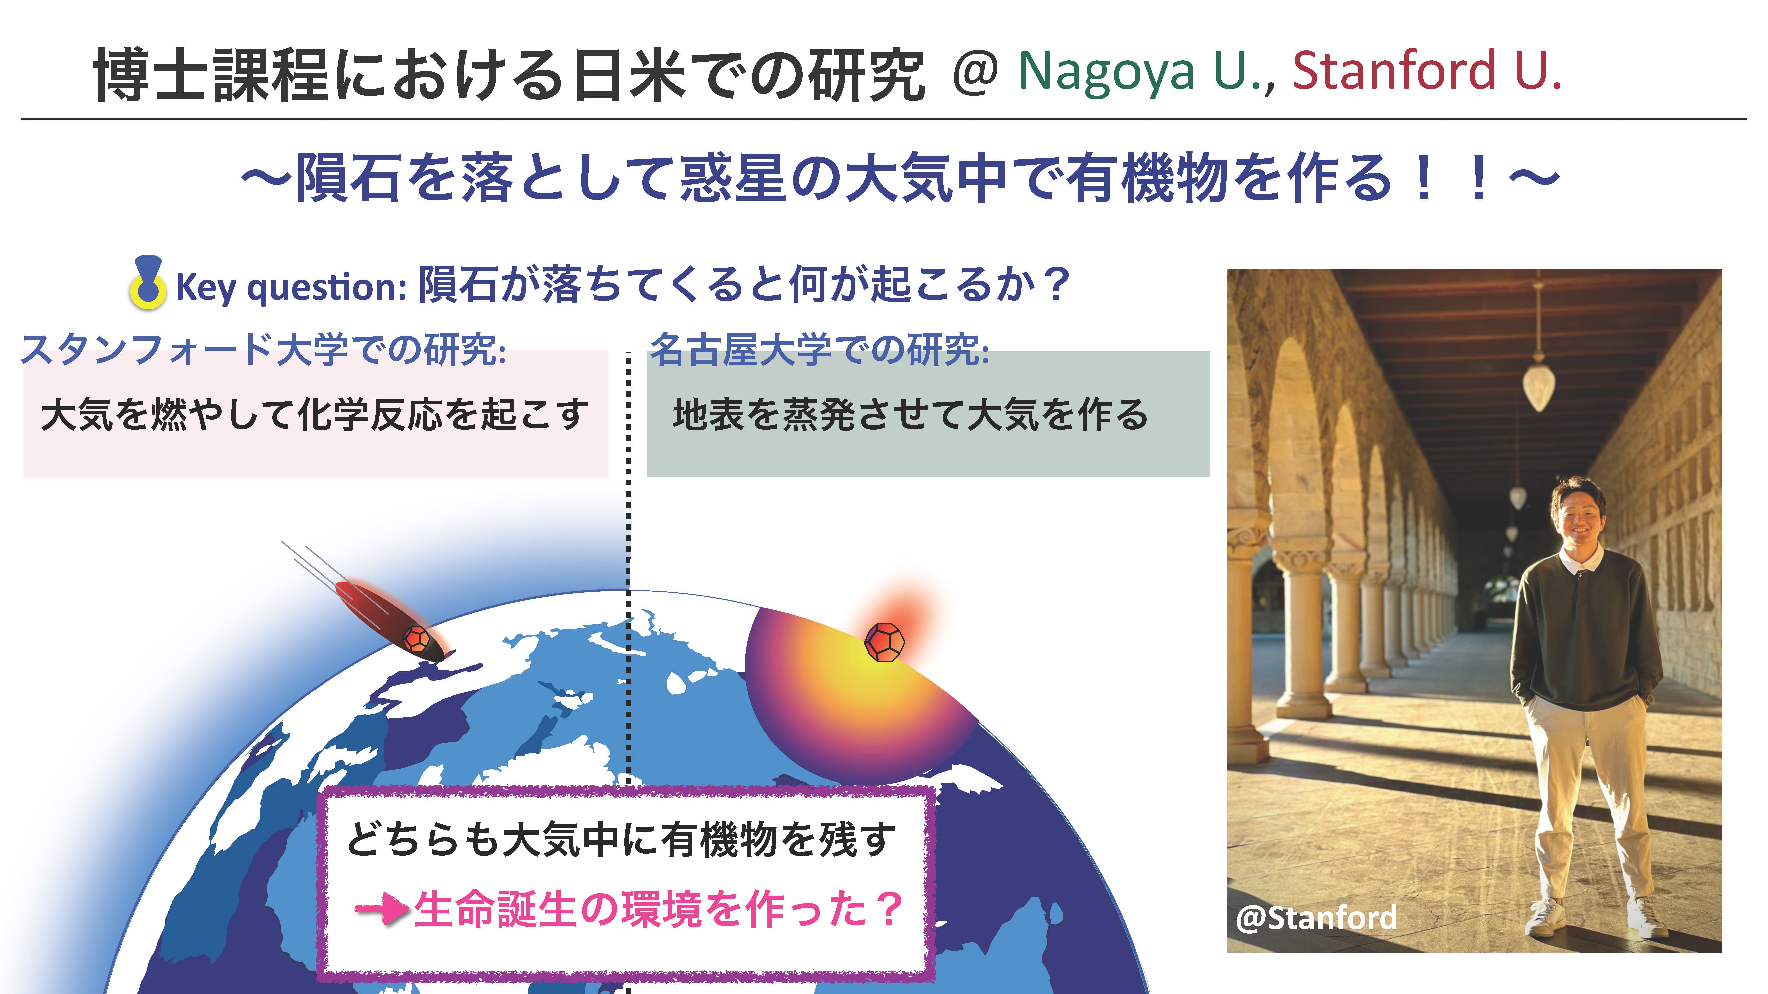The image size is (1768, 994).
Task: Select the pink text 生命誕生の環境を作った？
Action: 658,909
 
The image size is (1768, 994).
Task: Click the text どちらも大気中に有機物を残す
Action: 621,840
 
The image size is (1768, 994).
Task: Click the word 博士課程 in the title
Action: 211,74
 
